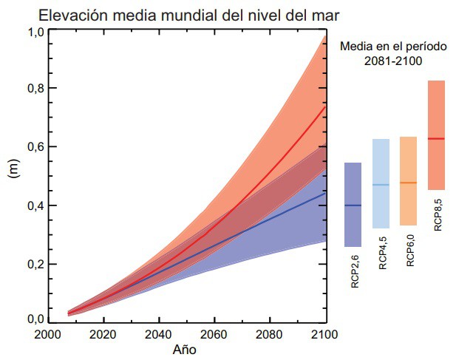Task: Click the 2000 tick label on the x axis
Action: [x=47, y=335]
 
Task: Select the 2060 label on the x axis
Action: [x=211, y=335]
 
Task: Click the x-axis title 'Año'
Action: [x=185, y=349]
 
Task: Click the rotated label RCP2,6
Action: [x=355, y=271]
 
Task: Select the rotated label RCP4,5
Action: [x=382, y=252]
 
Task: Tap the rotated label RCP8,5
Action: [x=437, y=213]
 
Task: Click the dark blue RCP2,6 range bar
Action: [x=353, y=205]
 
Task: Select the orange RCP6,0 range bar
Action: [x=408, y=181]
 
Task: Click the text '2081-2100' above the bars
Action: [x=392, y=61]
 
